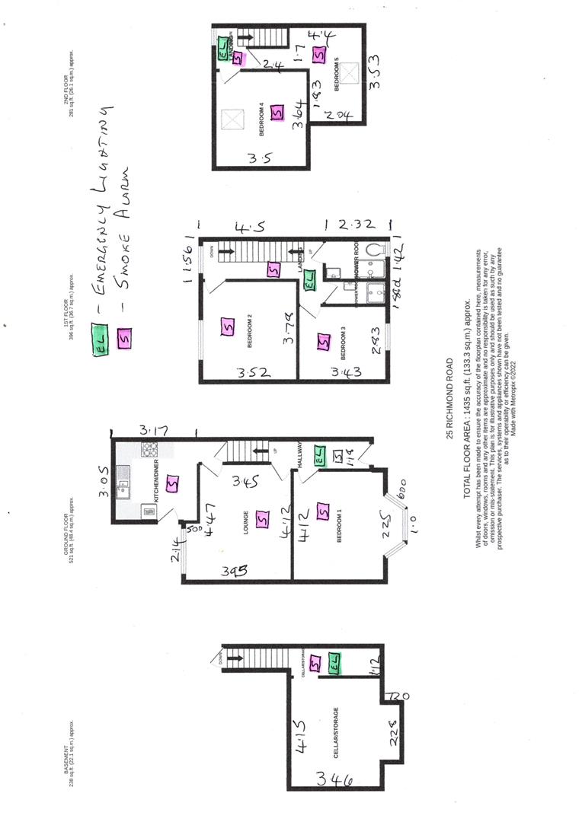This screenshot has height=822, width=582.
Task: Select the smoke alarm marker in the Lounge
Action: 263,519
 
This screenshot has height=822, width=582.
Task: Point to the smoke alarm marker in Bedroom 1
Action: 322,512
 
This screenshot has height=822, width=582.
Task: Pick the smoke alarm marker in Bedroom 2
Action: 226,328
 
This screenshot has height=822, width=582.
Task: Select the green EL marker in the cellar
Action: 336,664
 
